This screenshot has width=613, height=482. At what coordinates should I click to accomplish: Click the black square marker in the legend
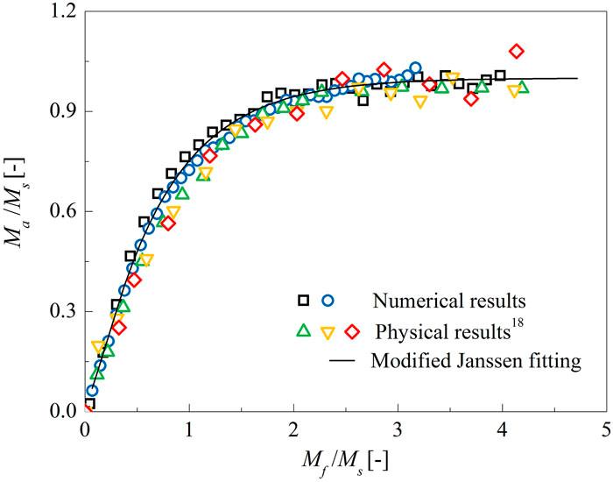click(x=303, y=300)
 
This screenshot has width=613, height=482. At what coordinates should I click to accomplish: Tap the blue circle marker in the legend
click(x=327, y=300)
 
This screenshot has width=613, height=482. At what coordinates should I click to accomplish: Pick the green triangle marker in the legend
click(x=303, y=330)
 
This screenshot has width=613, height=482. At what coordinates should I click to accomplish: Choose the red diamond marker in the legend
click(x=354, y=330)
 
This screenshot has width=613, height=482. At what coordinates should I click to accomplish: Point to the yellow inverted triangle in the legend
click(x=328, y=331)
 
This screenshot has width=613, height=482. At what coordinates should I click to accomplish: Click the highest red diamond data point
click(x=517, y=51)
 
